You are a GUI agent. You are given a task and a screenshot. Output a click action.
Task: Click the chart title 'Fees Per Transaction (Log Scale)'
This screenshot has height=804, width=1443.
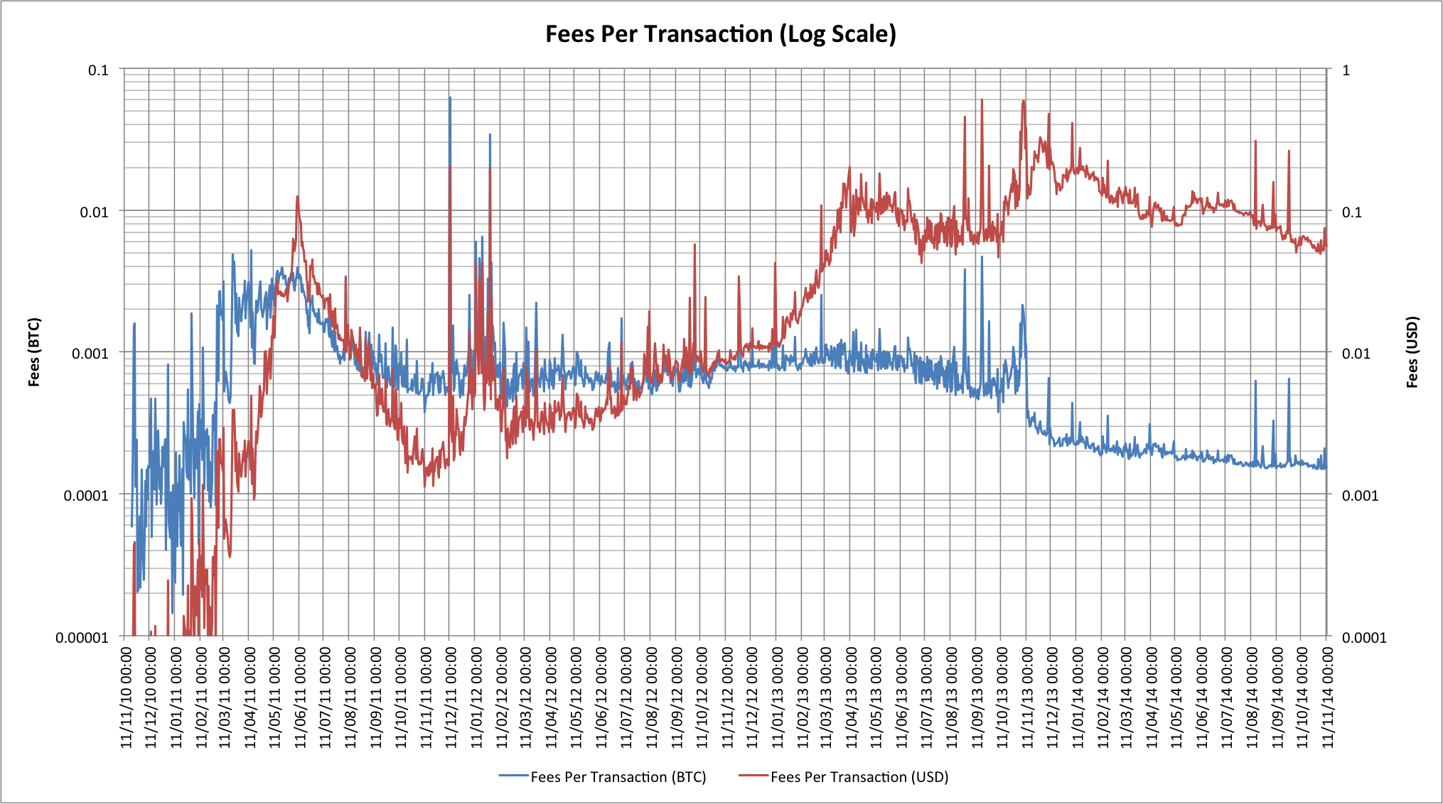click(720, 34)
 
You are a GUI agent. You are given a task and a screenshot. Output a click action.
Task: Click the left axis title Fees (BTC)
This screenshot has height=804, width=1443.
click(34, 352)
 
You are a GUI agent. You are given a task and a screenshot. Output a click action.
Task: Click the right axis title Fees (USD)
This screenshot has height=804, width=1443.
click(1412, 352)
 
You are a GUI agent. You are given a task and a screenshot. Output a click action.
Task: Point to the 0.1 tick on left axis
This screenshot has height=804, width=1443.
click(98, 70)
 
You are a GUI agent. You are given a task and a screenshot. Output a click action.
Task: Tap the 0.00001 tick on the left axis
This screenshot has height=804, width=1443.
click(82, 637)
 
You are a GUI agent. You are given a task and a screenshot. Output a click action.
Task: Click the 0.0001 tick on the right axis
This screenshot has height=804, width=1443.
click(1363, 637)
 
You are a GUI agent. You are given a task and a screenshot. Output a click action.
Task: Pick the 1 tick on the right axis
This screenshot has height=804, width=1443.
click(1346, 70)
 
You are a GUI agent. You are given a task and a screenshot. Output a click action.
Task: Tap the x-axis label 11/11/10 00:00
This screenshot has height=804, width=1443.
click(127, 697)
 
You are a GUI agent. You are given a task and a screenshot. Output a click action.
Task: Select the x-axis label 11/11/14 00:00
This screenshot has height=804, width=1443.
click(1327, 697)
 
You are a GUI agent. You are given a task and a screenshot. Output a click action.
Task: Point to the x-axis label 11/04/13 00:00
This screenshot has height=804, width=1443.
click(852, 697)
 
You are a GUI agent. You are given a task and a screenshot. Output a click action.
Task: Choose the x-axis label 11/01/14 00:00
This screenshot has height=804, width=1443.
click(1078, 697)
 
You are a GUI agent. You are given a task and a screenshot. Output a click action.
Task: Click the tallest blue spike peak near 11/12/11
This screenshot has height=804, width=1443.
click(450, 98)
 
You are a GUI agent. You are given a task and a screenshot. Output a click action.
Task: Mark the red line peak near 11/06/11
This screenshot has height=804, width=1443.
click(297, 197)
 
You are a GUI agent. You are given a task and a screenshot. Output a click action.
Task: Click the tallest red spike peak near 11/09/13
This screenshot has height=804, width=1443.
click(982, 100)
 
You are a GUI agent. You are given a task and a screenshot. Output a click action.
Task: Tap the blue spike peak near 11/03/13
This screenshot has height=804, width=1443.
click(821, 295)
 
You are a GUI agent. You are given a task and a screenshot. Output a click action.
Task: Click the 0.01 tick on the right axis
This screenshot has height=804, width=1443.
click(1356, 353)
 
